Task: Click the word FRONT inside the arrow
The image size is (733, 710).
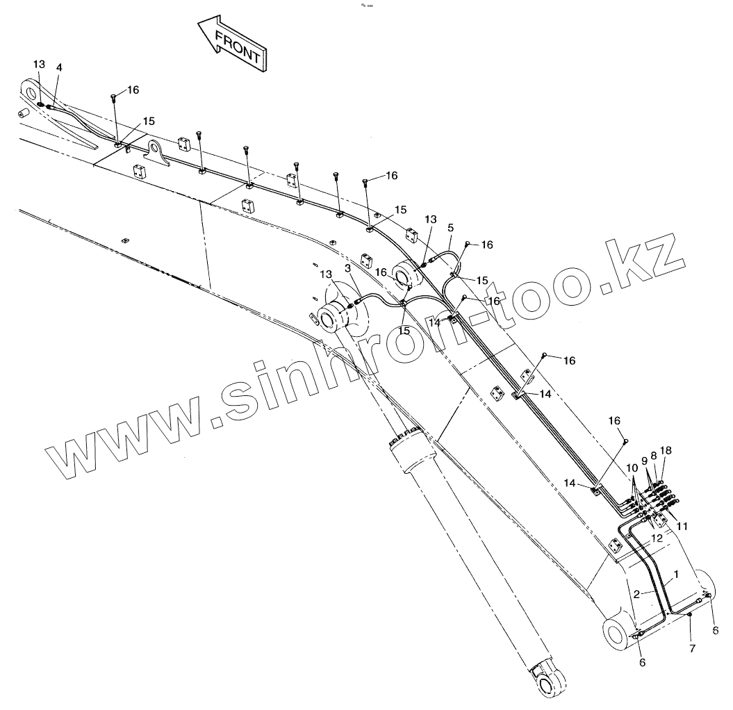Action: pyautogui.click(x=238, y=46)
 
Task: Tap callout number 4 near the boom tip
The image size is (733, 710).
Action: pyautogui.click(x=59, y=67)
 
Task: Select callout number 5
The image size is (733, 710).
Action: pyautogui.click(x=450, y=227)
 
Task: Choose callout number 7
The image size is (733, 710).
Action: pyautogui.click(x=692, y=649)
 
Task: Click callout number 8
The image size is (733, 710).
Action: pyautogui.click(x=654, y=455)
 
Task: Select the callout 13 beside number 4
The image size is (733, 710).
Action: pyautogui.click(x=39, y=65)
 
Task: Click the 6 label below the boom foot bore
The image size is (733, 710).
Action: pyautogui.click(x=642, y=662)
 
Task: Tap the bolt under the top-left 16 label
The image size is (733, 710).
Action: pyautogui.click(x=113, y=97)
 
